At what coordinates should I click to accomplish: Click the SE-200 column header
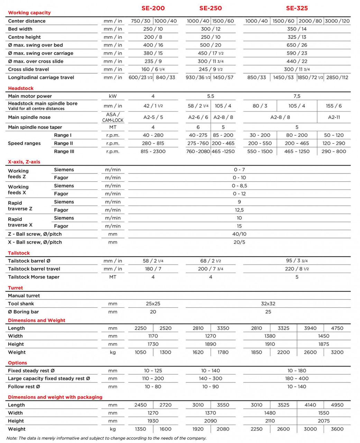pyautogui.click(x=153, y=8)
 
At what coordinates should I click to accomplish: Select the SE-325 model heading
pyautogui.click(x=297, y=8)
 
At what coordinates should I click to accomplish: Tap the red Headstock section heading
pyautogui.click(x=21, y=88)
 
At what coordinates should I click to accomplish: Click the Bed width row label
pyautogui.click(x=20, y=29)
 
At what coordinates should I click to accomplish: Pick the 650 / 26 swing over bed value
pyautogui.click(x=297, y=45)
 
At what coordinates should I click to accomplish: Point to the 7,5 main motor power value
pyautogui.click(x=297, y=96)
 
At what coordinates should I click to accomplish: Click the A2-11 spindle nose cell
pyautogui.click(x=334, y=117)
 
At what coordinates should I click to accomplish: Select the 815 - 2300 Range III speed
pyautogui.click(x=153, y=151)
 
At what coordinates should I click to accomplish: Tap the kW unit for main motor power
pyautogui.click(x=113, y=96)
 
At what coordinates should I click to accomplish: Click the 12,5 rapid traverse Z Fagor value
pyautogui.click(x=239, y=210)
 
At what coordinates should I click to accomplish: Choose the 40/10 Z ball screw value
pyautogui.click(x=239, y=234)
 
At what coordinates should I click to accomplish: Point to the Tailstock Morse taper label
pyautogui.click(x=34, y=277)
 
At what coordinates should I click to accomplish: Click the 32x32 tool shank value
pyautogui.click(x=268, y=304)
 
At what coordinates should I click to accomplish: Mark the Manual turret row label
pyautogui.click(x=24, y=296)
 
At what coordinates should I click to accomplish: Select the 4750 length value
pyautogui.click(x=337, y=328)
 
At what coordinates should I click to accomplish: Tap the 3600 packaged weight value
pyautogui.click(x=337, y=429)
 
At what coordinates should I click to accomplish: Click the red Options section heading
pyautogui.click(x=17, y=363)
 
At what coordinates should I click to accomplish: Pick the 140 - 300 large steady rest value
pyautogui.click(x=210, y=378)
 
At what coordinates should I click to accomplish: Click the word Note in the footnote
pyautogui.click(x=12, y=438)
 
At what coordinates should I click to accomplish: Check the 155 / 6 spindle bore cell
pyautogui.click(x=334, y=106)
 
